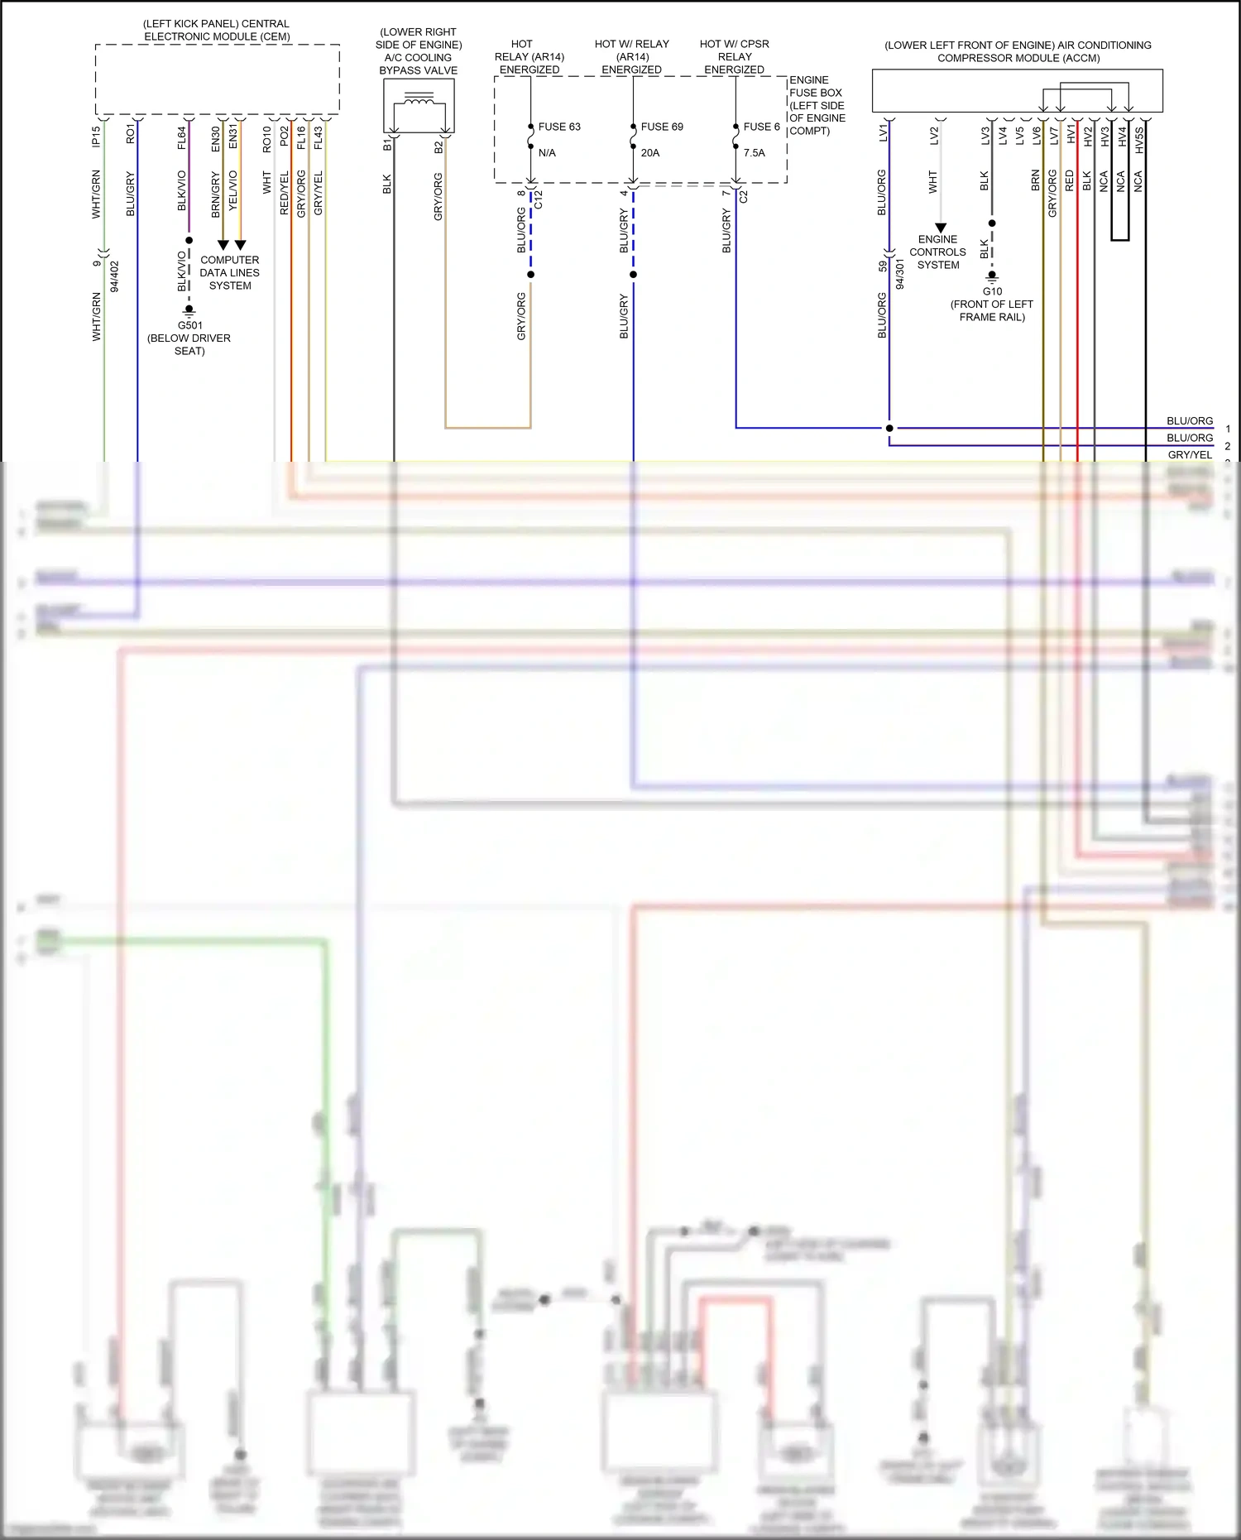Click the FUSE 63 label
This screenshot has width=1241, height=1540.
(559, 127)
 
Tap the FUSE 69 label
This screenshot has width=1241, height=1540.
(662, 127)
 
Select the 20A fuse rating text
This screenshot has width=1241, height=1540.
(650, 153)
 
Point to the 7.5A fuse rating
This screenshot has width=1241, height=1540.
(754, 153)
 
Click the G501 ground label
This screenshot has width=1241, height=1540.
(189, 325)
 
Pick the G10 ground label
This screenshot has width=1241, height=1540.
(992, 291)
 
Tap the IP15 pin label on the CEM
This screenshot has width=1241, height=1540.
(97, 137)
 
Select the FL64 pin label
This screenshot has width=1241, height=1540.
(182, 137)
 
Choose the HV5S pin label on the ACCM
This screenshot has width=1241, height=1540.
(1139, 140)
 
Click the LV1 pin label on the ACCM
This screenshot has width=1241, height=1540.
(883, 133)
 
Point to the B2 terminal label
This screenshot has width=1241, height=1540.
(438, 146)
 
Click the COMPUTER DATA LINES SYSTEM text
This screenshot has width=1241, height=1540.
(229, 272)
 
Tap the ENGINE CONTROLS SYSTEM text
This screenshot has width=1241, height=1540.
(937, 252)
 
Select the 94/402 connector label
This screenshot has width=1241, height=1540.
(114, 277)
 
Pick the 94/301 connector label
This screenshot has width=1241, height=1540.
(899, 275)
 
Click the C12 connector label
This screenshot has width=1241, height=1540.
(539, 199)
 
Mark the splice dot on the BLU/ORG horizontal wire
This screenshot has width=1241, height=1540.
(889, 428)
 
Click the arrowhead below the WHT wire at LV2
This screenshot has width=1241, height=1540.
(941, 228)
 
